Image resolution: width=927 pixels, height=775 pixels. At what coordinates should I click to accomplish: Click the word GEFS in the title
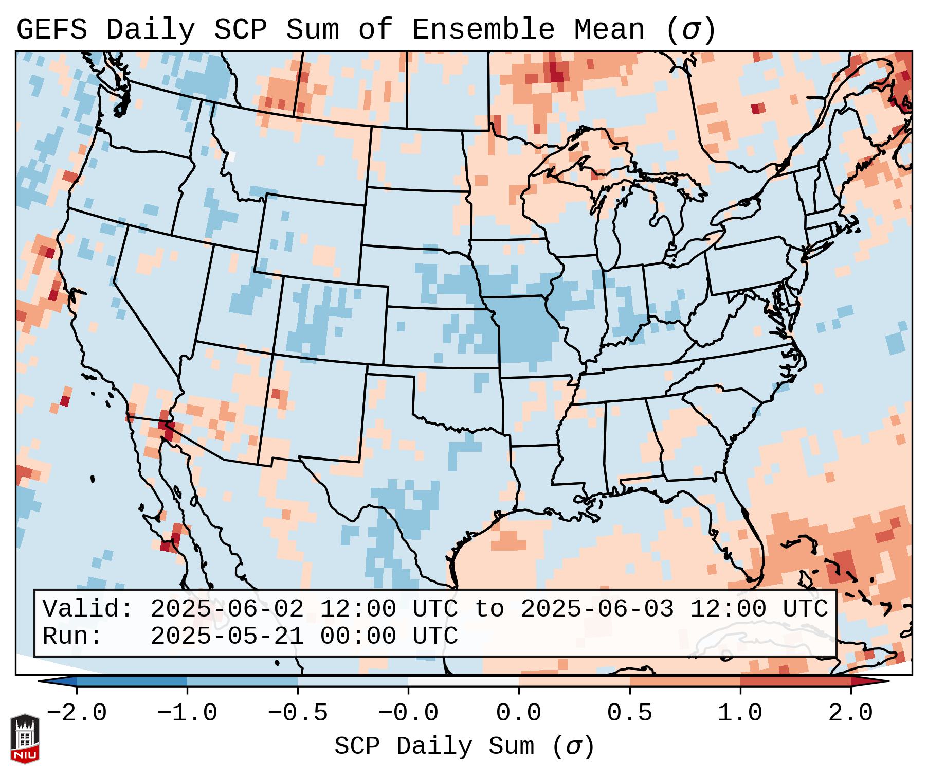[x=51, y=30]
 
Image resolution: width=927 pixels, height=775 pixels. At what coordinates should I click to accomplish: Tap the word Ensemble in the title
[x=483, y=30]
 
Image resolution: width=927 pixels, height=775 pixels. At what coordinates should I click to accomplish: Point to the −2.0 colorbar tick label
[x=77, y=713]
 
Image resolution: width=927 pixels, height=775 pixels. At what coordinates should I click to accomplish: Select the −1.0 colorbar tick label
[x=187, y=713]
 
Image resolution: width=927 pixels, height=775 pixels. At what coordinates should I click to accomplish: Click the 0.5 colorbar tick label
[x=629, y=713]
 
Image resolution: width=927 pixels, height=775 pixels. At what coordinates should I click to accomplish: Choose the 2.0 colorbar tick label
[x=850, y=713]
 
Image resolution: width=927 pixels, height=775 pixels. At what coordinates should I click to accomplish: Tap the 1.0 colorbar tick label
[x=740, y=713]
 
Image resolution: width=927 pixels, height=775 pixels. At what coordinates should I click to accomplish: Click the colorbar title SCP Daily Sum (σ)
[x=464, y=746]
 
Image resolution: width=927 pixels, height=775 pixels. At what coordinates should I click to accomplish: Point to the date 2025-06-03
[x=597, y=609]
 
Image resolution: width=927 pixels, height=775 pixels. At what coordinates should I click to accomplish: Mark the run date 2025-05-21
[x=227, y=636]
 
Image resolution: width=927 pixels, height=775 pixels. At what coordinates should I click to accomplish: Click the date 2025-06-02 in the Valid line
[x=227, y=609]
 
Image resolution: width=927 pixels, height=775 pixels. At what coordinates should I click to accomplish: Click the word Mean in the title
[x=609, y=30]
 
